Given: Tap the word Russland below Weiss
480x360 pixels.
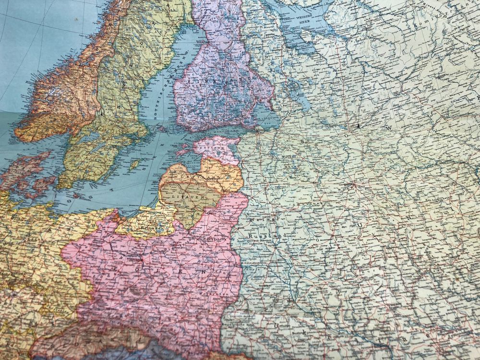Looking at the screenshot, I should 266,236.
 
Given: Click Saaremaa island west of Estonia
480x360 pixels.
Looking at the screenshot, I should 185,153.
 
